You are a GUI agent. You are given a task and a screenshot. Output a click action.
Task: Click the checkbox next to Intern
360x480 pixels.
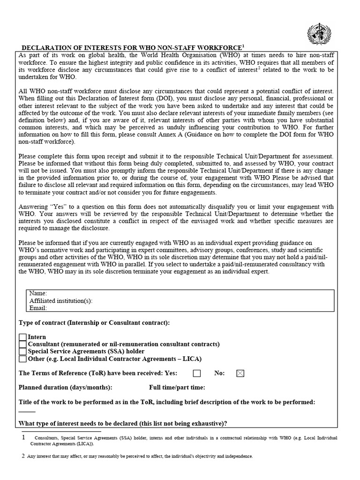(x=22, y=337)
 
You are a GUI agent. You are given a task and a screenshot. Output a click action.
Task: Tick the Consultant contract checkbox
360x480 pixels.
(x=22, y=344)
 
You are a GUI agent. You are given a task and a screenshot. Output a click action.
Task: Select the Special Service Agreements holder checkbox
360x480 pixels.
(x=22, y=352)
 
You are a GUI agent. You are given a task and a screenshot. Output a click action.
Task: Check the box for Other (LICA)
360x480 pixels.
(x=22, y=359)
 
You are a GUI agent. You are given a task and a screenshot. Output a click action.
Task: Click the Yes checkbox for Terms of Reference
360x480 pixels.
(x=197, y=374)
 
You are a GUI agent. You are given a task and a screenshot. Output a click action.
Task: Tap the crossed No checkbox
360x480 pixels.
(x=240, y=374)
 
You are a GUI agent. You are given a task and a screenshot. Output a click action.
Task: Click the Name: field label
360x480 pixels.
(x=38, y=293)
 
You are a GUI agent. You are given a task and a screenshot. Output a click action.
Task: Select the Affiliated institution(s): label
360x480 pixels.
(x=61, y=300)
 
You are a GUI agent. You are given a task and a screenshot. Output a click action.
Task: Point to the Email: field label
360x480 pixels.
(x=38, y=308)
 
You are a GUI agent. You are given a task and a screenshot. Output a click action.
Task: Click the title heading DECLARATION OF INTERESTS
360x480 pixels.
(x=131, y=47)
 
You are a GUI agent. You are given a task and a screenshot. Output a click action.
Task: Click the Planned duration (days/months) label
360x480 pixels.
(x=65, y=388)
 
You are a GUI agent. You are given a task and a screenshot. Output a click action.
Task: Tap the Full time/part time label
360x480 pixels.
(x=177, y=388)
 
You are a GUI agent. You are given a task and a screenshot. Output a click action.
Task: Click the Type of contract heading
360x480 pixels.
(x=94, y=323)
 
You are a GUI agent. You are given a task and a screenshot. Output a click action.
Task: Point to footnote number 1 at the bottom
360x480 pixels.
(x=23, y=437)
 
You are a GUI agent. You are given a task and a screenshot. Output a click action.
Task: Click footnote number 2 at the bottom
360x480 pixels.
(x=23, y=455)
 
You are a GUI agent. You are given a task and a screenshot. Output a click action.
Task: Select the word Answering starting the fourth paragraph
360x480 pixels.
(x=33, y=207)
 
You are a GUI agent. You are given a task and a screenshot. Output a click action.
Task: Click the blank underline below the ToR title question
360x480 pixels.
(x=27, y=412)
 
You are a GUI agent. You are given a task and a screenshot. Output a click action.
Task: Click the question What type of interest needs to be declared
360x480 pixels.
(x=123, y=423)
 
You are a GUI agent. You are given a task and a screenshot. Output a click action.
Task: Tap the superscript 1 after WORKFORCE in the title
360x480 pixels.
(x=243, y=46)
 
